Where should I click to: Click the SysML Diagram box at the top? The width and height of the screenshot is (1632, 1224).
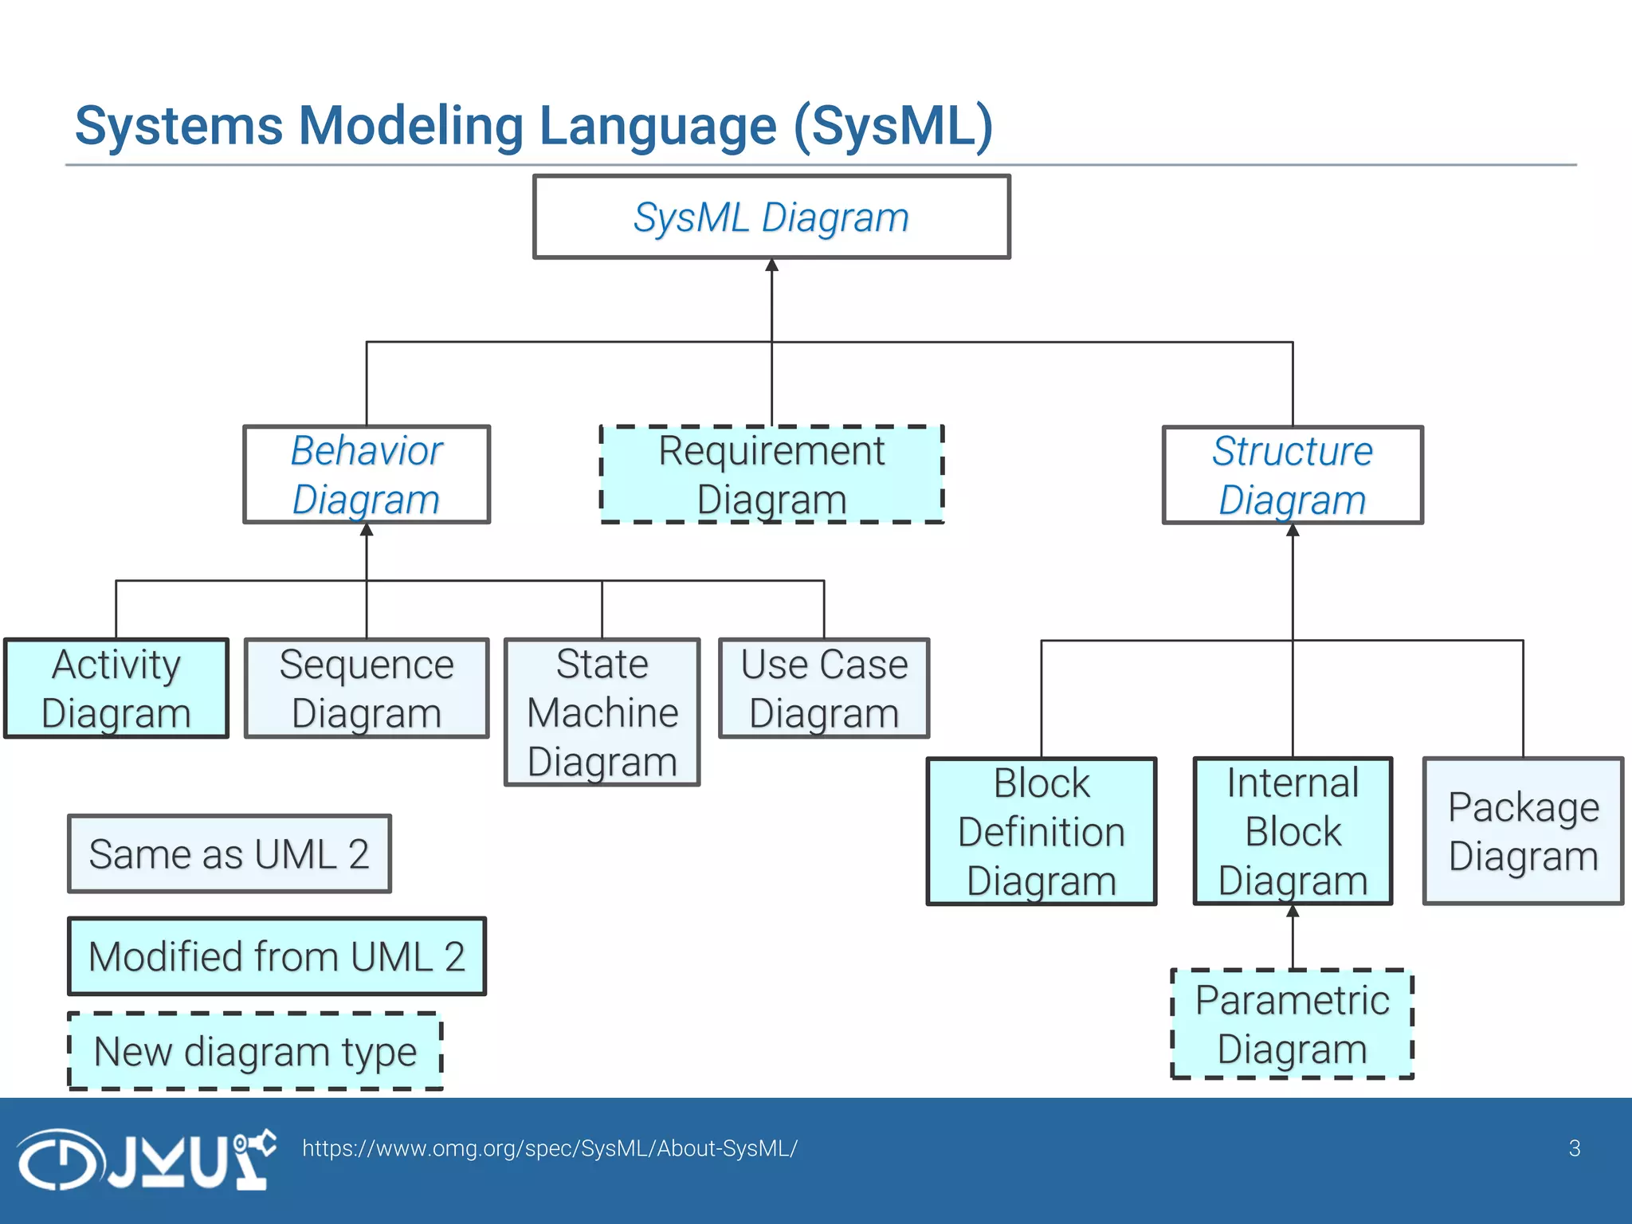pyautogui.click(x=771, y=217)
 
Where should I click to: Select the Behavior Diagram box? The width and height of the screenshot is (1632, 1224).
pyautogui.click(x=367, y=475)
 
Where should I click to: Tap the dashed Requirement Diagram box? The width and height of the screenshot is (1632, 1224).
pyautogui.click(x=771, y=475)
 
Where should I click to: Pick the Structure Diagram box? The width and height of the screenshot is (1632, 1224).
pyautogui.click(x=1293, y=475)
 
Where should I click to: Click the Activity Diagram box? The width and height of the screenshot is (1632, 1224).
pyautogui.click(x=116, y=688)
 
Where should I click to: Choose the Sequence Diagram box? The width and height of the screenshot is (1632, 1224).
pyautogui.click(x=367, y=688)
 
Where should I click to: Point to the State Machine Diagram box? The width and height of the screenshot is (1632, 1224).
pyautogui.click(x=602, y=712)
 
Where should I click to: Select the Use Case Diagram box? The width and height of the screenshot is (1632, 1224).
pyautogui.click(x=824, y=688)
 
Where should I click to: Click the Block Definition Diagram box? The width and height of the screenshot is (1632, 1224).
pyautogui.click(x=1042, y=831)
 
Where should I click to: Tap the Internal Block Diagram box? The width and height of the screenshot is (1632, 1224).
pyautogui.click(x=1293, y=831)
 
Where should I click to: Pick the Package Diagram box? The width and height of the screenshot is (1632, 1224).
pyautogui.click(x=1523, y=831)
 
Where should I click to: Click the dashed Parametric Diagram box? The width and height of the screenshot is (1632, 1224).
pyautogui.click(x=1292, y=1024)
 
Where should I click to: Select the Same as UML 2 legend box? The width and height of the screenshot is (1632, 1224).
pyautogui.click(x=229, y=854)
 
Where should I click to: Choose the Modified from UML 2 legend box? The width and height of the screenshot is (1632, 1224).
pyautogui.click(x=277, y=956)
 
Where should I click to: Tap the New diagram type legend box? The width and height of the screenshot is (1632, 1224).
pyautogui.click(x=255, y=1051)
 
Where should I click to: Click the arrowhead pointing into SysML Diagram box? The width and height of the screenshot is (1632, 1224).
pyautogui.click(x=771, y=265)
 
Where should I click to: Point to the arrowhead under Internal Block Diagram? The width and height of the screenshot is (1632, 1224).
pyautogui.click(x=1293, y=912)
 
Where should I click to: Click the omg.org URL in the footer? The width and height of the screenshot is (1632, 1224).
pyautogui.click(x=549, y=1148)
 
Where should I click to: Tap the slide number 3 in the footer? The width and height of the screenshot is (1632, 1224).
pyautogui.click(x=1574, y=1148)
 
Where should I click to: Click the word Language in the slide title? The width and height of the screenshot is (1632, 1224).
pyautogui.click(x=657, y=126)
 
